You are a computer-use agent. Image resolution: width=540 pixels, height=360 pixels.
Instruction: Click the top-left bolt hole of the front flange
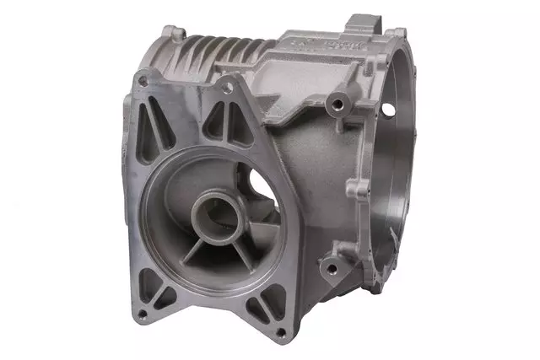coord(142,81)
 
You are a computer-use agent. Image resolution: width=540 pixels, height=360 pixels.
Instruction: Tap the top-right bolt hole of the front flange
coord(226,83)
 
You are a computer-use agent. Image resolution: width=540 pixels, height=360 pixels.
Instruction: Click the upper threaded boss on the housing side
coord(337,105)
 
